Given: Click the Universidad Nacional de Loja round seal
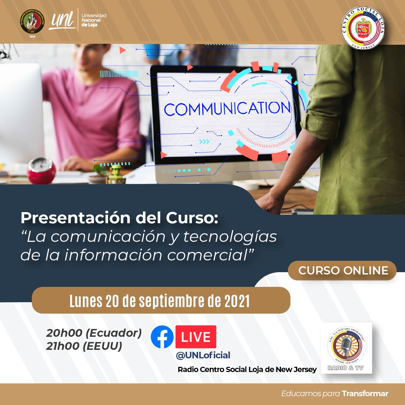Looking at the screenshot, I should (x=32, y=22).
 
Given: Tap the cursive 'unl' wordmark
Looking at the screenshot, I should (x=62, y=20).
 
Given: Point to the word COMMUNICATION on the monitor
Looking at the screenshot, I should (x=227, y=109).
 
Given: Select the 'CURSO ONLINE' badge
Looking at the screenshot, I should (x=343, y=271).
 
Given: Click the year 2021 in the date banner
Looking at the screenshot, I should (x=237, y=301).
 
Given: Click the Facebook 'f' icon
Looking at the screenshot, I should (x=162, y=337).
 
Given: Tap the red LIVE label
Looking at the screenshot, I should (x=196, y=337).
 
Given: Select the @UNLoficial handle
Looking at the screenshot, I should (x=203, y=355).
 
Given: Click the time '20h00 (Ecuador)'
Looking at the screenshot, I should (x=94, y=333).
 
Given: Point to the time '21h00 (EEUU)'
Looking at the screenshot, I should (x=84, y=346).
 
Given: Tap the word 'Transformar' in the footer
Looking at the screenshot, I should (x=365, y=394).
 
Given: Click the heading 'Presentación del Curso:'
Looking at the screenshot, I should (x=119, y=218).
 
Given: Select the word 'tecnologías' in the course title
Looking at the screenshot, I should (x=230, y=237).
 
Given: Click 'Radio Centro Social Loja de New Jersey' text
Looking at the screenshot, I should (x=247, y=369).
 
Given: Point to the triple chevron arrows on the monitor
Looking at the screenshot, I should (x=204, y=142).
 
